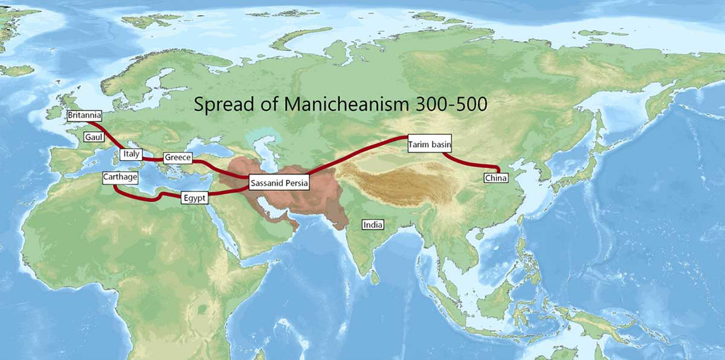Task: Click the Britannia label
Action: pos(84,115)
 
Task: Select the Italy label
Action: pos(130,155)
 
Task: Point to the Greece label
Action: pos(178,158)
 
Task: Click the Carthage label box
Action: pos(120,178)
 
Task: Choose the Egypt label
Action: pos(195,198)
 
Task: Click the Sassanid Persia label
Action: pos(279,182)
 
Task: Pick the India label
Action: pos(372,225)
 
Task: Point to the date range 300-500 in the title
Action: pos(451,104)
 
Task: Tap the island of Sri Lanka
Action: pos(376,277)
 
